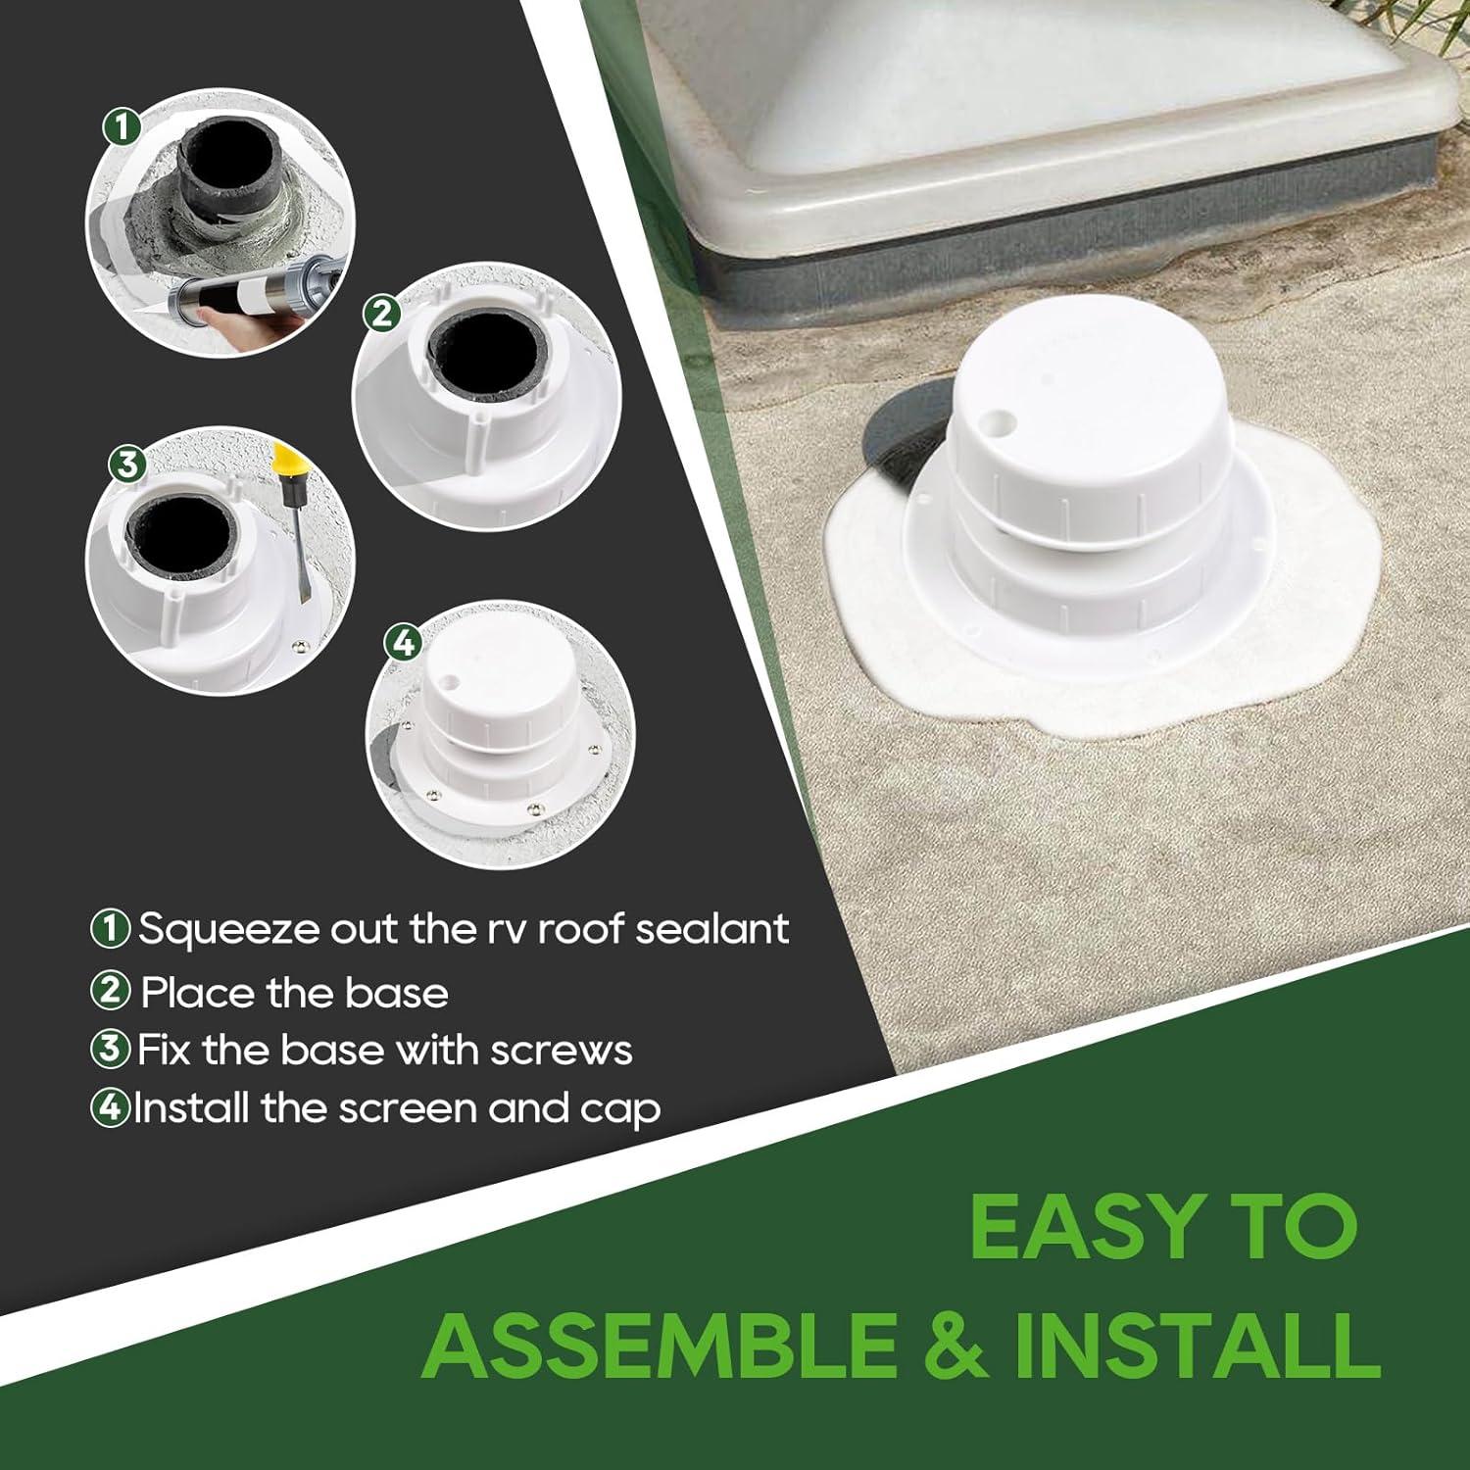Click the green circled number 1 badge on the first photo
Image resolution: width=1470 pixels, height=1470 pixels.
coord(122,126)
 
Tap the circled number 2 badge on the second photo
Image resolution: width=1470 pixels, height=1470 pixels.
coord(381,314)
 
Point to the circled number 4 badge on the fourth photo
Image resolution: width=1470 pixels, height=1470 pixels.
coord(404,643)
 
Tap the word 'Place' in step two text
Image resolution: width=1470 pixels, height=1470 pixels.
coord(197,993)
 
